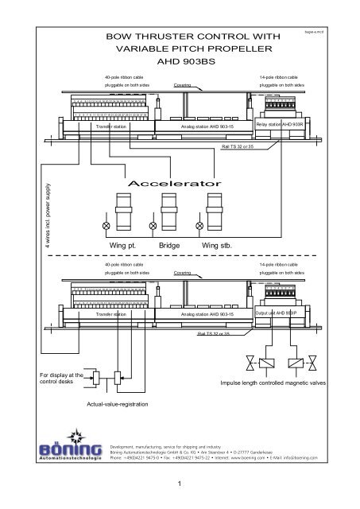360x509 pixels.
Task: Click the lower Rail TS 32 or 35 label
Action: [x=215, y=335]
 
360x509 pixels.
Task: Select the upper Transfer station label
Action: [x=112, y=126]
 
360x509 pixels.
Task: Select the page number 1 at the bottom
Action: [x=180, y=482]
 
